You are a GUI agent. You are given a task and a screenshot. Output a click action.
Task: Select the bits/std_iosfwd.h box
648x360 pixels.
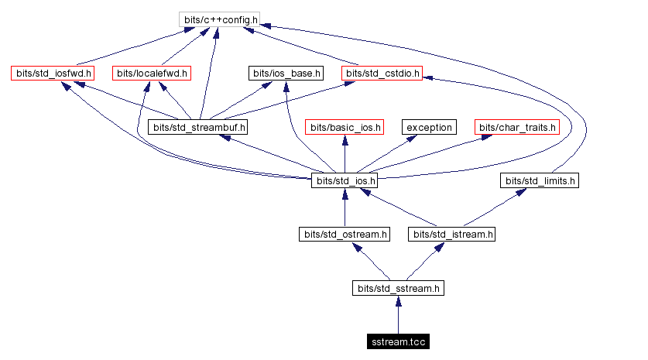click(52, 74)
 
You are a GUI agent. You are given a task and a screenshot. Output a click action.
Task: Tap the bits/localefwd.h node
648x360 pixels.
click(152, 74)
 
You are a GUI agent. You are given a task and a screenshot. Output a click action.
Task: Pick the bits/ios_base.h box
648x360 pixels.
click(286, 74)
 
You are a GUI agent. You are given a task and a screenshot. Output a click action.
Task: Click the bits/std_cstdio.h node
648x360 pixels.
click(382, 74)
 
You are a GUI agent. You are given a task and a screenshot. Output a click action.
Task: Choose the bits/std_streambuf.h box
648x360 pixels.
click(200, 127)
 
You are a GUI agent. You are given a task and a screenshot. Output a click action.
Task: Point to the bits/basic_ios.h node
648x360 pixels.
click(345, 127)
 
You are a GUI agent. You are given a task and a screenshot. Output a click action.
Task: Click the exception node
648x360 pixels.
click(429, 127)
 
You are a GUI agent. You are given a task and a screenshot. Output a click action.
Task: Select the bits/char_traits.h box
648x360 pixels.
click(518, 127)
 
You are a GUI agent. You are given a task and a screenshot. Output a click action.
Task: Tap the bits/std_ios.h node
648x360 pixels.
click(345, 180)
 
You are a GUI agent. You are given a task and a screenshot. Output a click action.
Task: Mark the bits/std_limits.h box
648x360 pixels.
click(540, 180)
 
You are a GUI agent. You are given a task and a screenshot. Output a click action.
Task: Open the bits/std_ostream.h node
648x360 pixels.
click(345, 234)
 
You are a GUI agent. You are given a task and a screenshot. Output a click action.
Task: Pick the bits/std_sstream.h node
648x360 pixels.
click(399, 288)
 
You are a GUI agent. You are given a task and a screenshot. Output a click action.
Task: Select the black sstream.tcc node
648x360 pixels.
click(398, 341)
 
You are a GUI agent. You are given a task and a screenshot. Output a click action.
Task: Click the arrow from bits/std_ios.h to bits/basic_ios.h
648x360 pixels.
click(345, 154)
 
